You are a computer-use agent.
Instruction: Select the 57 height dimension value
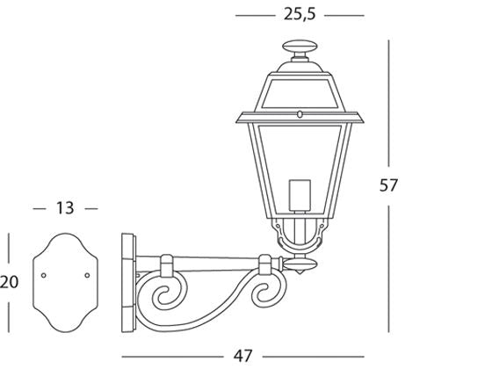point(389,184)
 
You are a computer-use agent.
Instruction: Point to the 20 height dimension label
point(10,282)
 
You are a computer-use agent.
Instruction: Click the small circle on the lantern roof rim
point(300,113)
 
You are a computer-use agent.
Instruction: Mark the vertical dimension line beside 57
point(389,105)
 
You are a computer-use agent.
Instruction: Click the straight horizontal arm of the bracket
point(215,259)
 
